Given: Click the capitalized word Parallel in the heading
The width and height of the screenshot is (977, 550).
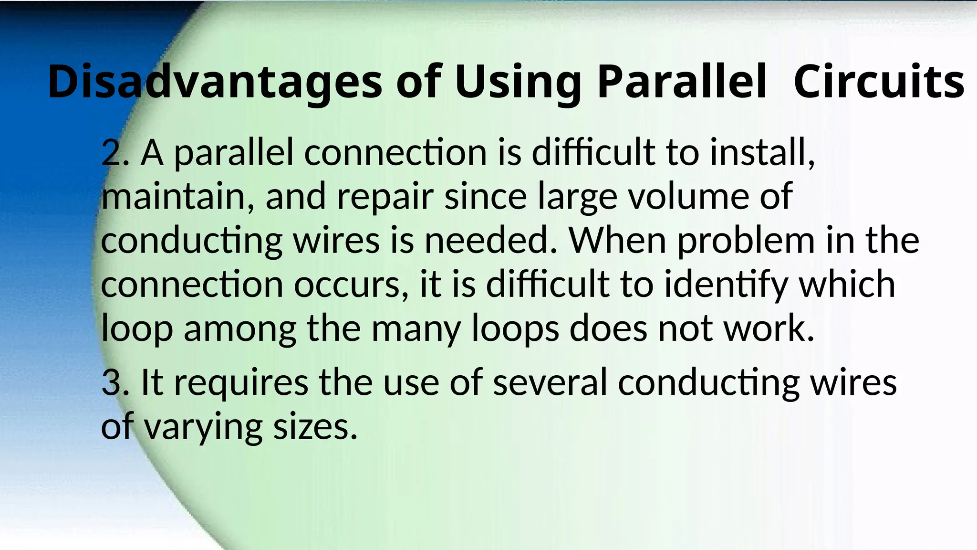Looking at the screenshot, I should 682,82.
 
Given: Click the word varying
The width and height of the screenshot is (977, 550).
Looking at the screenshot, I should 203,427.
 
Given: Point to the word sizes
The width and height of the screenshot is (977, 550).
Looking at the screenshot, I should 315,427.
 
